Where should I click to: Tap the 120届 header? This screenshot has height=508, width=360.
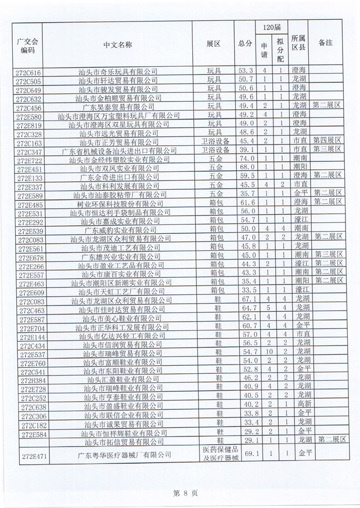272,28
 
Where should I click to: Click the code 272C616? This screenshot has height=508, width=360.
28,71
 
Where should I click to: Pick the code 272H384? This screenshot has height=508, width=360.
28,379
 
